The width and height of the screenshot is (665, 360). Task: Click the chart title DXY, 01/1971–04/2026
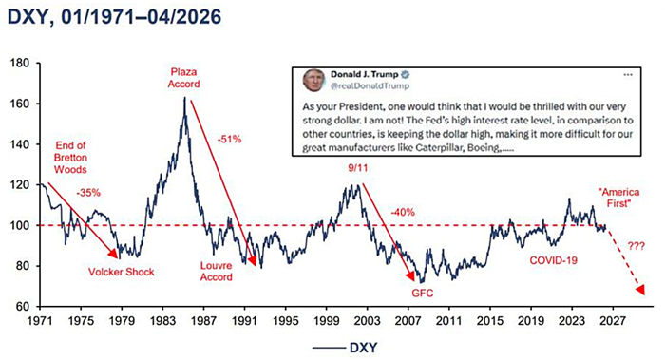(115, 17)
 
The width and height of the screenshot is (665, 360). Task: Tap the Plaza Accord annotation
(183, 78)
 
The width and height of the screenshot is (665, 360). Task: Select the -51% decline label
(230, 139)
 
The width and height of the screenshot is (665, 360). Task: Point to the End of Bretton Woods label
(70, 158)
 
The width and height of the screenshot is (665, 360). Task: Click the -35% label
(88, 193)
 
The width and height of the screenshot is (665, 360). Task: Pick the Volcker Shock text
(122, 272)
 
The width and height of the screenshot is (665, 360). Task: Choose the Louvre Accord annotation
(217, 272)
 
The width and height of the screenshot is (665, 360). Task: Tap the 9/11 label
(358, 168)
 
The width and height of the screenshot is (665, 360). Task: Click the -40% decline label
(403, 212)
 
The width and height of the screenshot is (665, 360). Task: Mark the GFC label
(423, 293)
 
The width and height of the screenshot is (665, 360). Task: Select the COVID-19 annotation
(554, 260)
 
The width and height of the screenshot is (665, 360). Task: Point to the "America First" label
(618, 198)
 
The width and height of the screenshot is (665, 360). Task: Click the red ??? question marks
(636, 246)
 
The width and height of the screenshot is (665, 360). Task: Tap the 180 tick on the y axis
(20, 64)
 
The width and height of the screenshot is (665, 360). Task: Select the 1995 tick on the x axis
(285, 321)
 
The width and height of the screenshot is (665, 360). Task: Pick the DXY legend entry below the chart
(345, 349)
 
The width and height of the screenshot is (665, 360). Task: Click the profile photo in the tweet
(313, 80)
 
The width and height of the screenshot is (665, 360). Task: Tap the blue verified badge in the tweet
(406, 75)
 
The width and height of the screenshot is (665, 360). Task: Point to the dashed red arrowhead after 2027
(640, 290)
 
